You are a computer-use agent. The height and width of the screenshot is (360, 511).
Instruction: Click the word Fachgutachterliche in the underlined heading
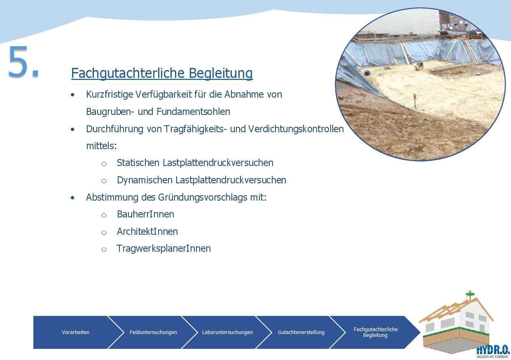click(x=128, y=73)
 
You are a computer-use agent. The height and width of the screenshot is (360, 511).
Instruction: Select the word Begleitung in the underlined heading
click(x=221, y=73)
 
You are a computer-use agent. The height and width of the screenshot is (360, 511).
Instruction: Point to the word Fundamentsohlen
click(x=193, y=112)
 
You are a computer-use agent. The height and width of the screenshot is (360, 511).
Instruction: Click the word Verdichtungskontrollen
click(x=296, y=129)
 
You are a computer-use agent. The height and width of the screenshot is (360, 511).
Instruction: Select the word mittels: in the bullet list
click(x=101, y=146)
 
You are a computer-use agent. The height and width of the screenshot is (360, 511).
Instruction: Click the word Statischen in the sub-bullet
click(x=138, y=163)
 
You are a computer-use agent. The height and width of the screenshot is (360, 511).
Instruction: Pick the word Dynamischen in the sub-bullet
click(x=145, y=180)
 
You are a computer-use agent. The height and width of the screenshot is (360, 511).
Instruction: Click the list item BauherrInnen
click(x=145, y=214)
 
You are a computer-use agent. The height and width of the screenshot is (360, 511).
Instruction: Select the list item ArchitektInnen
click(x=147, y=231)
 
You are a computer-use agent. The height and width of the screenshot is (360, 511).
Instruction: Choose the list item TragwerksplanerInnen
click(x=163, y=249)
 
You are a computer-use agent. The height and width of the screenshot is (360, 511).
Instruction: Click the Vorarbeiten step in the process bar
click(x=75, y=332)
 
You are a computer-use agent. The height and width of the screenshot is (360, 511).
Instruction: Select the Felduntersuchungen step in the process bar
click(x=153, y=332)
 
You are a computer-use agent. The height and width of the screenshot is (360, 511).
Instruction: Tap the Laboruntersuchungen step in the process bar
click(x=227, y=332)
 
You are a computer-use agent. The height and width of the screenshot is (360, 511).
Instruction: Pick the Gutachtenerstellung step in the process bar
click(x=301, y=332)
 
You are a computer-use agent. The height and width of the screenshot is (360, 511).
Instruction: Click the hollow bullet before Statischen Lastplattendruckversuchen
click(x=104, y=164)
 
